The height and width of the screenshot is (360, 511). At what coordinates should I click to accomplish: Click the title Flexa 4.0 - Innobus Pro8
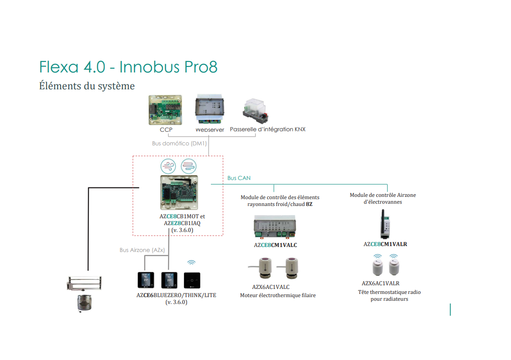tap(128, 67)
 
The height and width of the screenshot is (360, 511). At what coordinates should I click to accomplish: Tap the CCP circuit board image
tap(165, 110)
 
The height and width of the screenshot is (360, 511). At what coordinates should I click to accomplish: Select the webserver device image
tap(210, 109)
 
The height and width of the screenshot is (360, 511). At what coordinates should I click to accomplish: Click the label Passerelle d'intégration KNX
tap(267, 129)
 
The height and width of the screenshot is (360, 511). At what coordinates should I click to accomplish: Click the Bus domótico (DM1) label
tap(179, 143)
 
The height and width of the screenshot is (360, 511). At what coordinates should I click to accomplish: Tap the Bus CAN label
tap(239, 178)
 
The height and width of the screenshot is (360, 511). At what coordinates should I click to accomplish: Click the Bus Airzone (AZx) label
tap(142, 250)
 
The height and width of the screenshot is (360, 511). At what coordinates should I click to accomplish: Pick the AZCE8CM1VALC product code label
tap(275, 245)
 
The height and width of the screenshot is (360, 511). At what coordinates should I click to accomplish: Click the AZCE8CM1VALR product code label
tap(385, 244)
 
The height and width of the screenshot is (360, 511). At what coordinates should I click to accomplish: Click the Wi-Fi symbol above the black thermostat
tap(192, 262)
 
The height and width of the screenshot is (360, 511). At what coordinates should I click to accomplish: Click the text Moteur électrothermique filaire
tap(278, 295)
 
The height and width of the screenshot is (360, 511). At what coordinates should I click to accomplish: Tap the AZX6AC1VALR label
tap(380, 283)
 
